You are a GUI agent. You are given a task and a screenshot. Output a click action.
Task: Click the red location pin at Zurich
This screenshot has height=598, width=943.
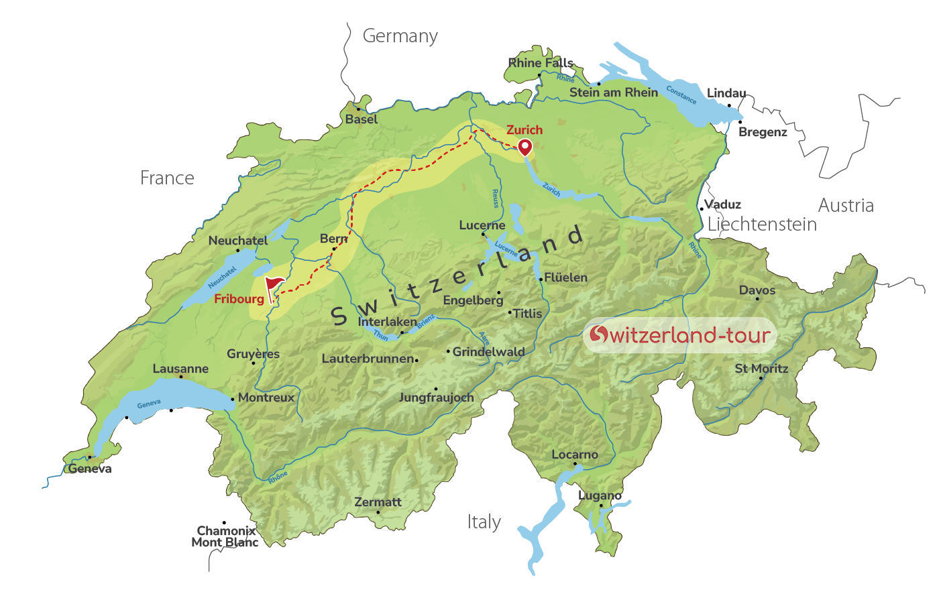pyautogui.click(x=524, y=147)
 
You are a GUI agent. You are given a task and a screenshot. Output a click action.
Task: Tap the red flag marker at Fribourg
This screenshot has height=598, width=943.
pyautogui.click(x=273, y=287)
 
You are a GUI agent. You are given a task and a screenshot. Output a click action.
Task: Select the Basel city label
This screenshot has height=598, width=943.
pyautogui.click(x=362, y=119)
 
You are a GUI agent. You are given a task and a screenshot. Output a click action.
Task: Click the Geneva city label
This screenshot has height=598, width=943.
pyautogui.click(x=90, y=469)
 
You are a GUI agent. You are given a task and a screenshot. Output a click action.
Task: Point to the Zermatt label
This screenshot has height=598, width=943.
pyautogui.click(x=378, y=502)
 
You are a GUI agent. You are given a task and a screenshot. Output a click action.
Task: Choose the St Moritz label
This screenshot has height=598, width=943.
pyautogui.click(x=761, y=369)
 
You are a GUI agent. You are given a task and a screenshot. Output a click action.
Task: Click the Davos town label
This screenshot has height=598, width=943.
pyautogui.click(x=757, y=290)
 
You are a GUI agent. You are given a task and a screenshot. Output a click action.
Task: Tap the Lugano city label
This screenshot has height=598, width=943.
pyautogui.click(x=600, y=495)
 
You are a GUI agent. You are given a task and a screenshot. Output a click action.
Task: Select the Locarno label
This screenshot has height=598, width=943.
pyautogui.click(x=574, y=455)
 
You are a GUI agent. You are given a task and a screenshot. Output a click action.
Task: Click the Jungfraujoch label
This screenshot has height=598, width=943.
pyautogui.click(x=436, y=398)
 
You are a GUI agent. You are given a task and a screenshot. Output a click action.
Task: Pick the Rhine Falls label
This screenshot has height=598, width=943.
pyautogui.click(x=541, y=63)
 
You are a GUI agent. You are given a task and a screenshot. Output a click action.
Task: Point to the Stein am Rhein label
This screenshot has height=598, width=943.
pyautogui.click(x=614, y=93)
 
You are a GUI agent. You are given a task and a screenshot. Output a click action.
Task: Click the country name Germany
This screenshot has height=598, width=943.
pyautogui.click(x=400, y=36)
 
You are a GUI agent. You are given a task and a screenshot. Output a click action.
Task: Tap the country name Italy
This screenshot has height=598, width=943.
pyautogui.click(x=484, y=522)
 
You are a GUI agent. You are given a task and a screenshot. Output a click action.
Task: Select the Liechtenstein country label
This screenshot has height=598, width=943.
pyautogui.click(x=762, y=224)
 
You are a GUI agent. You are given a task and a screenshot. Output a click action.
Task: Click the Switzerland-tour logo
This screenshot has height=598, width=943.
pyautogui.click(x=679, y=335)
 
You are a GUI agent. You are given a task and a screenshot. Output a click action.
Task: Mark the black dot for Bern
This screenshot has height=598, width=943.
pyautogui.click(x=334, y=249)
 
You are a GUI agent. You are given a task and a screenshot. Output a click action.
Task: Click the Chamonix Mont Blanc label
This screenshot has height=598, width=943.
pyautogui.click(x=225, y=536)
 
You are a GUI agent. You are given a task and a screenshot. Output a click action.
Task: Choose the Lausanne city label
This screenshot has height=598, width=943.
pyautogui.click(x=180, y=369)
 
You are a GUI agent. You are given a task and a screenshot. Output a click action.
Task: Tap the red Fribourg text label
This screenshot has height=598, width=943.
pyautogui.click(x=239, y=299)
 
